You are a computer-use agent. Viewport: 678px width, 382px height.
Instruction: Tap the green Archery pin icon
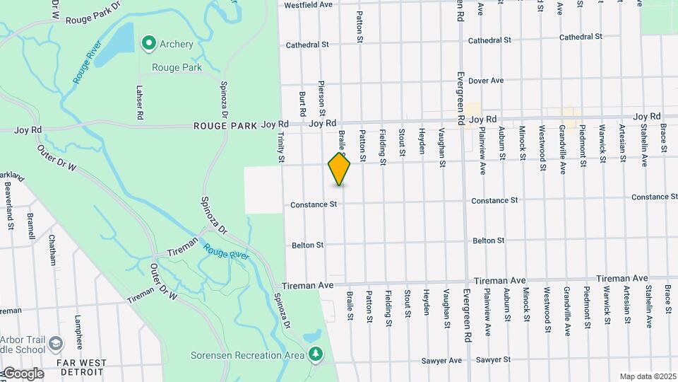148,44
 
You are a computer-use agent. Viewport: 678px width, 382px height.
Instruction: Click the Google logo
23,374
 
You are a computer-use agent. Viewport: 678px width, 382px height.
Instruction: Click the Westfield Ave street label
308,5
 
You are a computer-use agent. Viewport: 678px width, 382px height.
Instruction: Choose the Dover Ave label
485,81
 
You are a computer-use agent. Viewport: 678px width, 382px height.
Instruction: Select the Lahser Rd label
140,102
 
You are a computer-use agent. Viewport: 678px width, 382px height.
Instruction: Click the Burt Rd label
302,103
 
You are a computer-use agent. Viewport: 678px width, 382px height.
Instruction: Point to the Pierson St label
322,97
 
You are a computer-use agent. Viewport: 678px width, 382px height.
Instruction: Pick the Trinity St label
280,148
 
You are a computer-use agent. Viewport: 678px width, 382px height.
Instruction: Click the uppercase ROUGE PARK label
226,126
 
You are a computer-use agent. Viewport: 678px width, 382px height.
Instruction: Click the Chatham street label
52,250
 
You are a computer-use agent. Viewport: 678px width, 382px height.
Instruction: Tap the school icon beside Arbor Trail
56,345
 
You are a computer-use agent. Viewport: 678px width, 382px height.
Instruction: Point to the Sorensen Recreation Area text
246,354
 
